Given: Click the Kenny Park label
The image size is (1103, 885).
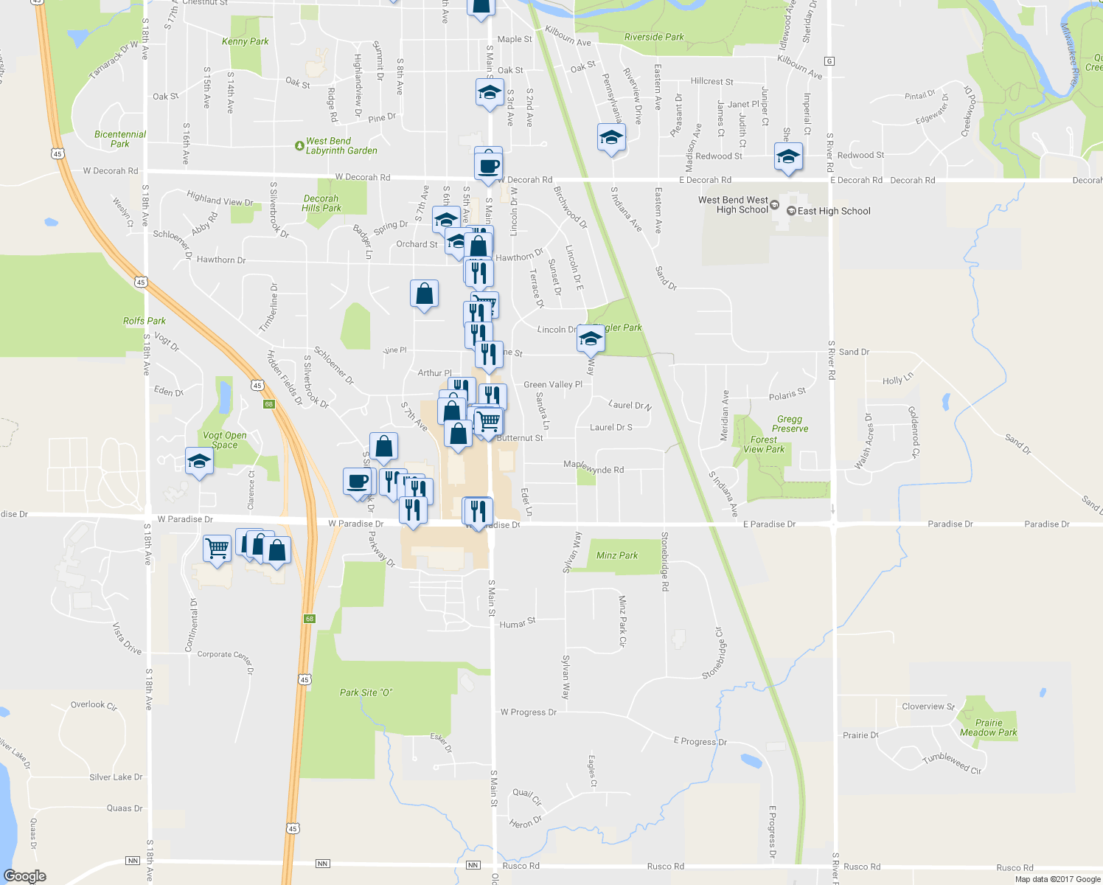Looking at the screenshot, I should pos(245,41).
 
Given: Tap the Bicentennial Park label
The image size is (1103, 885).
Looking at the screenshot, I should pos(120,139).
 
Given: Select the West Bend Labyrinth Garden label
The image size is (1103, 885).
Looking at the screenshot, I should pos(341,145).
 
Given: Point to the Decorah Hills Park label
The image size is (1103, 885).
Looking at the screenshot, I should pos(321,203).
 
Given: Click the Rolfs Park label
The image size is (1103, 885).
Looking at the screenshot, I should pos(145,321).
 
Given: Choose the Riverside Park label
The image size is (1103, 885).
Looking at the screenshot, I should pos(654,37).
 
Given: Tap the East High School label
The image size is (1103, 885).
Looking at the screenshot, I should pos(833,211).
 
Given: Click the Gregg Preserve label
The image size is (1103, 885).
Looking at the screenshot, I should pos(790,423).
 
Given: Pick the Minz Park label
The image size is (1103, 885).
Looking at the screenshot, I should pos(617,555).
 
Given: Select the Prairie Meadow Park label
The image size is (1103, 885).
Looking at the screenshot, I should pos(988,727).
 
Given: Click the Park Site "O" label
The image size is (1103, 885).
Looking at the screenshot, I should pos(366,693).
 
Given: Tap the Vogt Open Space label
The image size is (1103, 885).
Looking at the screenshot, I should pos(224,440).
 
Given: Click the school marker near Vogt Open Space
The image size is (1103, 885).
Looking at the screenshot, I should pos(199,462).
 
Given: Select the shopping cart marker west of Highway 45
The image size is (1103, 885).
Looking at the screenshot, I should pos(217,548).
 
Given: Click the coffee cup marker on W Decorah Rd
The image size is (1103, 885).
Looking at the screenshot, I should pos(489,165).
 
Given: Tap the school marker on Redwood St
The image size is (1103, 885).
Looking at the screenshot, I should pos(788,156).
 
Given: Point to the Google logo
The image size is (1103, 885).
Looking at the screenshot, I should pos(25,876).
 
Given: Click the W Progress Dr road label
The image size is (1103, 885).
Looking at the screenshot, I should pos(528,712).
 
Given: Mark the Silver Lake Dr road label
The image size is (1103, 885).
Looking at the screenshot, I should pos(116,777).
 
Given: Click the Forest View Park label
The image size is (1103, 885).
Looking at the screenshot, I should pos(764,444).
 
